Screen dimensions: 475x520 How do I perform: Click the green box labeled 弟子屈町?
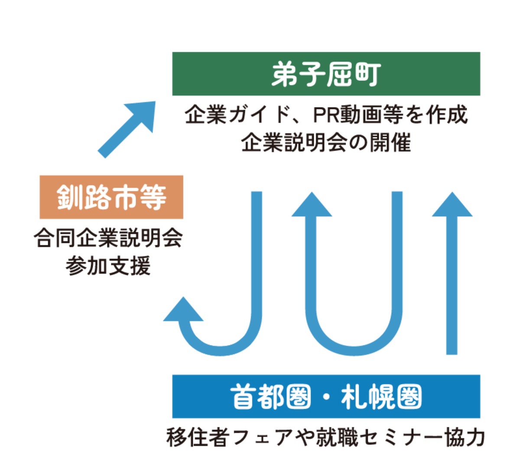[x=326, y=74]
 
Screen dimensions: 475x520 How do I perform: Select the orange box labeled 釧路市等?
[x=111, y=197]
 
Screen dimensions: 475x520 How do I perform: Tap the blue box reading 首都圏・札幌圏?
[x=326, y=396]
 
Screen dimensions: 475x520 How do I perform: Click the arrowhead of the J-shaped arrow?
[x=183, y=310]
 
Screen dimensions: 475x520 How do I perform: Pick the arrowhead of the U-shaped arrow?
[x=312, y=205]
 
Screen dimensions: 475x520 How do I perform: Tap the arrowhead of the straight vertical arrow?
[x=452, y=205]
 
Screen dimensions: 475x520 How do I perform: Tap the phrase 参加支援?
[x=108, y=266]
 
